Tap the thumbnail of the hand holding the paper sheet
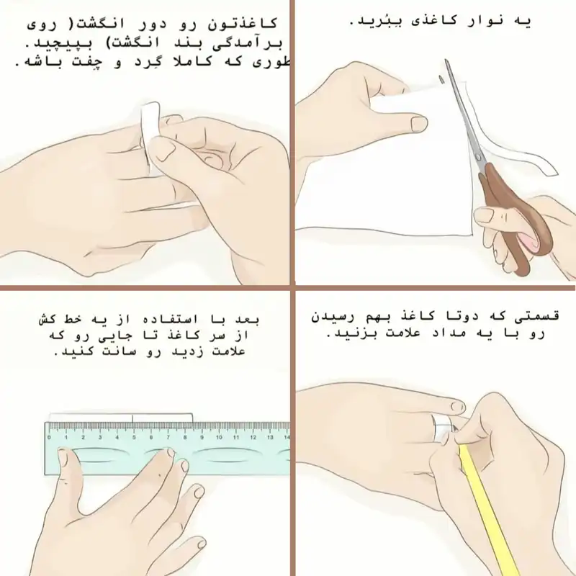418,124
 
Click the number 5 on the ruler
133,437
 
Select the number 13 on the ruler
269,437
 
